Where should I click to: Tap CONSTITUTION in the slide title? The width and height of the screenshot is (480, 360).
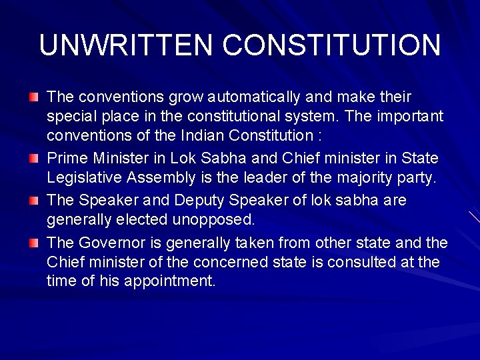click(x=331, y=46)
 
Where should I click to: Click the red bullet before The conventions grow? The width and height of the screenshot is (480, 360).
click(x=34, y=98)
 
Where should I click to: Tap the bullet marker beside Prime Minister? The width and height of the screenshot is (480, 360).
click(x=34, y=159)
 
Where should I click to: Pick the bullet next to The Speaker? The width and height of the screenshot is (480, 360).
click(x=34, y=201)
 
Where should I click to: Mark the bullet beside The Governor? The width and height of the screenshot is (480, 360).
click(x=34, y=243)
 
